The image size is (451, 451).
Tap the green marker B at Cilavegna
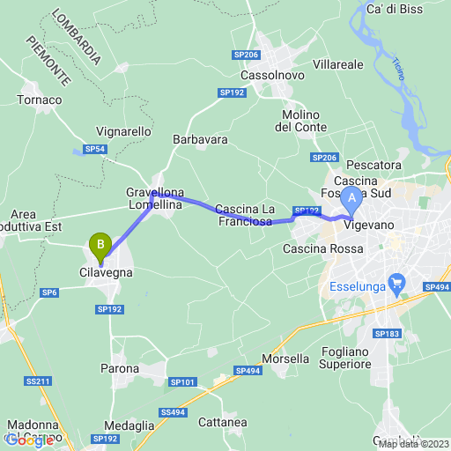pos(101,243)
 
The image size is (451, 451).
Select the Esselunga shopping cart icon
pos(397,283)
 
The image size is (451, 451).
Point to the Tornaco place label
pos(39,100)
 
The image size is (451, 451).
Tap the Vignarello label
pos(123,131)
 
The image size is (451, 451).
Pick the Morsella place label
pos(285,359)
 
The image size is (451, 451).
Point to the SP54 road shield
pos(95,150)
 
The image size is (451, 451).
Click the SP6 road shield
pos(50,292)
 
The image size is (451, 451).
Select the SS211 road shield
pos(40,381)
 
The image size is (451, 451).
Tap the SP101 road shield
pos(181,381)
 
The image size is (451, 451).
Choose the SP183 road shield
pos(387,334)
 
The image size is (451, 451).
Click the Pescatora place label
pos(374,165)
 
